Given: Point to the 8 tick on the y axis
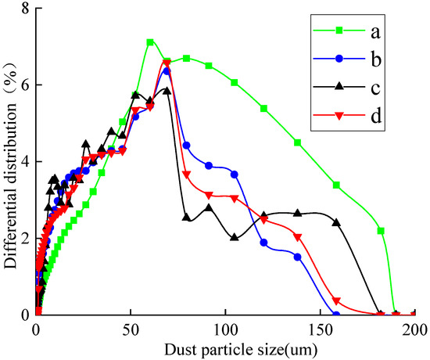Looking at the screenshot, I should (25, 9).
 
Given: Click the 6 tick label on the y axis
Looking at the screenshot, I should (25, 85).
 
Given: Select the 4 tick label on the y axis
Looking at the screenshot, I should (25, 162).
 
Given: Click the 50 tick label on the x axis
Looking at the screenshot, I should (130, 329).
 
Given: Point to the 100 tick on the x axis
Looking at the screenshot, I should (225, 329).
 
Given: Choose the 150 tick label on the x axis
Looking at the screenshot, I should (320, 329).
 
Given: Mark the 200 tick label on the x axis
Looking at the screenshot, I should (414, 329).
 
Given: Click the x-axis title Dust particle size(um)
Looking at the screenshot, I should (225, 347).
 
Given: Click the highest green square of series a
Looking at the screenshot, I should (150, 42).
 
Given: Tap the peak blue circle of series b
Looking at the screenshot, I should (167, 71).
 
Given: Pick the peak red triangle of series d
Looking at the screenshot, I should (167, 63).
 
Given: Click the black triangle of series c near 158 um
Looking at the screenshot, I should (336, 223).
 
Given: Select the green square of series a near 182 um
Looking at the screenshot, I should (381, 231).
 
